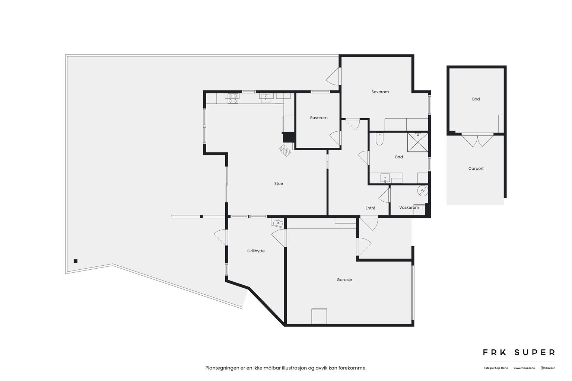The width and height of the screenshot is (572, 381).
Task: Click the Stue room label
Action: [x=279, y=183]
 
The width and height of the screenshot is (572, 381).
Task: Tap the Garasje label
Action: [x=344, y=280]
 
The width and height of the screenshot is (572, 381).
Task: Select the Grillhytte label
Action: [x=256, y=251]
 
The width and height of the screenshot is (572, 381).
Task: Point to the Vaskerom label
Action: [x=409, y=208]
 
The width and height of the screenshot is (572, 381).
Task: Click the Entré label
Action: [x=370, y=208]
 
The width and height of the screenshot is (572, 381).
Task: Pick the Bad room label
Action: [x=399, y=157]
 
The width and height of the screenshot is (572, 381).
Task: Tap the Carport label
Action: [x=476, y=169]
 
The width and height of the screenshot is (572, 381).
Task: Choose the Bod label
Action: [x=476, y=99]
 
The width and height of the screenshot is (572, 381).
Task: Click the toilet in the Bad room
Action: [x=379, y=139]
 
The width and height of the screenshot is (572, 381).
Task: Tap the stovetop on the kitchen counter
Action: [x=233, y=98]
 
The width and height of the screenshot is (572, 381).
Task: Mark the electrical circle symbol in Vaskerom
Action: [x=422, y=191]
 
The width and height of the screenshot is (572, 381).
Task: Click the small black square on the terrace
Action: [x=76, y=261]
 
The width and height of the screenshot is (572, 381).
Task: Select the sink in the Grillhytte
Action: [x=277, y=222]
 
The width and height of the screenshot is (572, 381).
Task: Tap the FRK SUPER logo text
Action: [x=519, y=352]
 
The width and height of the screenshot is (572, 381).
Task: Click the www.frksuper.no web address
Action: [x=524, y=368]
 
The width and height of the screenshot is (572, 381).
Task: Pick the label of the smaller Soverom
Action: [x=319, y=118]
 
